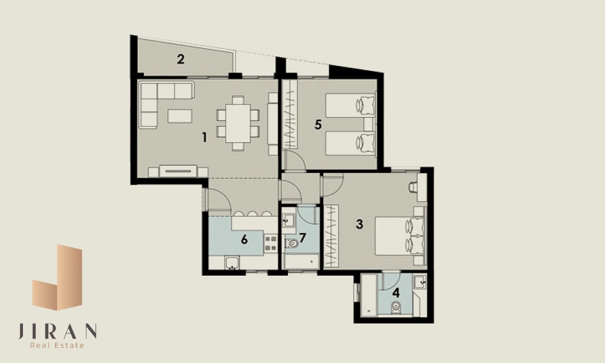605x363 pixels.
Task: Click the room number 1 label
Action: tap(204, 137)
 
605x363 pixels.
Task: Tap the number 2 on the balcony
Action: tap(180, 59)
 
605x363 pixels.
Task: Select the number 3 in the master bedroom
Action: tap(359, 224)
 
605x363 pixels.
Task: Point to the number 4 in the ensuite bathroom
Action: tap(396, 293)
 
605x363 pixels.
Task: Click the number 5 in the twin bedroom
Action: tap(318, 125)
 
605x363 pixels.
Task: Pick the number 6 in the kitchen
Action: tap(244, 240)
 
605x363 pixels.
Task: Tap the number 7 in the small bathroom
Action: tap(302, 238)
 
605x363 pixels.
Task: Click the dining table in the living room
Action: tap(238, 123)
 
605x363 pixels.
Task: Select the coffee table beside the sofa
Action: tap(180, 116)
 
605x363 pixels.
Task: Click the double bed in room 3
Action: tap(400, 236)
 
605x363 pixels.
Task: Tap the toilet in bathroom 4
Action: tap(396, 307)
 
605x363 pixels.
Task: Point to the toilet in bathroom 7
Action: tap(292, 243)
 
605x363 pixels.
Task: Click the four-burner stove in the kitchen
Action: tap(270, 243)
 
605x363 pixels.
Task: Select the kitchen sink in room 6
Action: tap(232, 263)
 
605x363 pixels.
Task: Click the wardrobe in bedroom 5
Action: tap(290, 115)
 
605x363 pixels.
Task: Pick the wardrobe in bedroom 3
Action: tap(331, 236)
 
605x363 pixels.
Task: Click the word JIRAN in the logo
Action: tap(57, 331)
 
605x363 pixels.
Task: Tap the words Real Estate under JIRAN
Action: tap(57, 345)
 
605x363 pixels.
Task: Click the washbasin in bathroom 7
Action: tap(288, 221)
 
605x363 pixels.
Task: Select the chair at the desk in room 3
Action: tap(413, 188)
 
